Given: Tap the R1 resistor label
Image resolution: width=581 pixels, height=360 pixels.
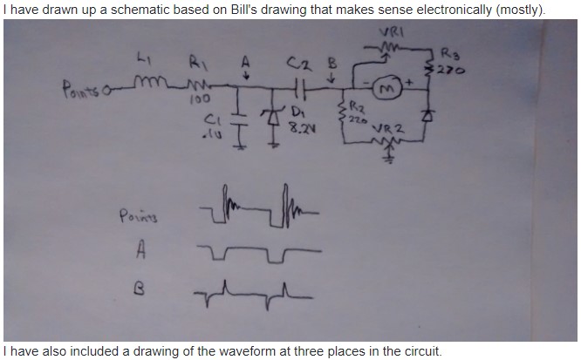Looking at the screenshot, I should tap(196, 62).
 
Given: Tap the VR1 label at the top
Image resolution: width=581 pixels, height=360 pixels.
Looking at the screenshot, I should tap(389, 34).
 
